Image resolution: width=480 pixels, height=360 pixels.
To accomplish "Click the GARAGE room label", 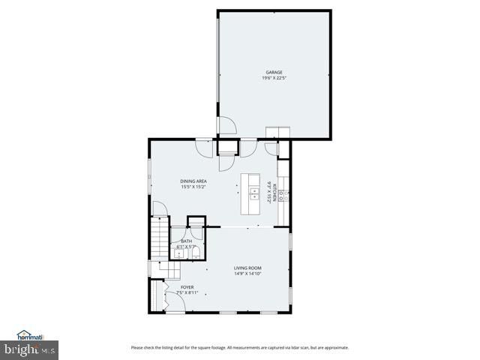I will pyautogui.click(x=273, y=72).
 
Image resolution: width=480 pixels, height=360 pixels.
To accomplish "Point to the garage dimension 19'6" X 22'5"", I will pyautogui.click(x=273, y=78).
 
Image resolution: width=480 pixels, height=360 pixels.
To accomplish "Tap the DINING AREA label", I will pyautogui.click(x=193, y=181).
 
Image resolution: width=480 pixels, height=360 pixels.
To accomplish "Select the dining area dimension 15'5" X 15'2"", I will pyautogui.click(x=193, y=187).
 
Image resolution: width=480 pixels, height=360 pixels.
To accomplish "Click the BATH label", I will pyautogui.click(x=186, y=241).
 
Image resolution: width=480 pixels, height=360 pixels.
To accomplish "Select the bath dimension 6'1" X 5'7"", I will pyautogui.click(x=186, y=247).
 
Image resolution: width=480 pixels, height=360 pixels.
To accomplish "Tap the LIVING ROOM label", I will pyautogui.click(x=247, y=268).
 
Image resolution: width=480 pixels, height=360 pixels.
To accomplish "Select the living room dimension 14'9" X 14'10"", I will pyautogui.click(x=247, y=274).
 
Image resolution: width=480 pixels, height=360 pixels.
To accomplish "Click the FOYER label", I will pyautogui.click(x=187, y=286).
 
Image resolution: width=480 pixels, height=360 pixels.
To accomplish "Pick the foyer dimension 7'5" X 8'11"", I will pyautogui.click(x=187, y=292).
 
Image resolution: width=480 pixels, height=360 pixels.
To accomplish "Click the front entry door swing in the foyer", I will pyautogui.click(x=173, y=302).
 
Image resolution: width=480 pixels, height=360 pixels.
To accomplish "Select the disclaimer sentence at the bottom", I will pyautogui.click(x=239, y=347).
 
